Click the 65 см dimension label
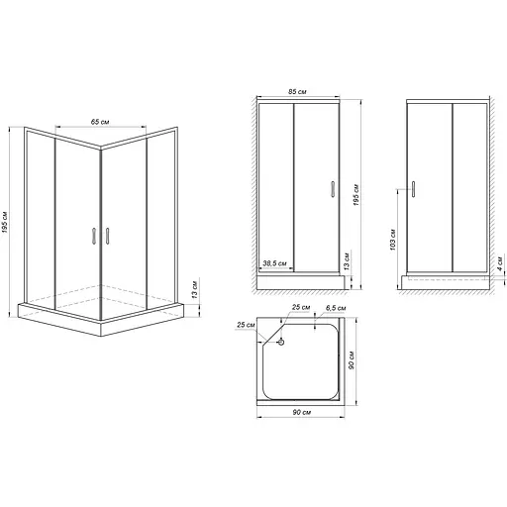(99, 122)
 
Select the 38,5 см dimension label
(275, 264)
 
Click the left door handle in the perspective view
(91, 236)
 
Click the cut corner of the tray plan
(269, 332)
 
